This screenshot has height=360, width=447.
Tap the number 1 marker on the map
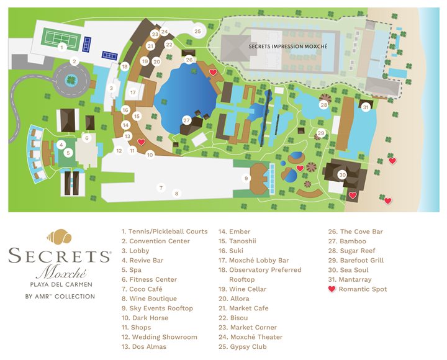[61, 47]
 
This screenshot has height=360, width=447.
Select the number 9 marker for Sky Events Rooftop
[246, 179]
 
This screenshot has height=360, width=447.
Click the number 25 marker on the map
[197, 31]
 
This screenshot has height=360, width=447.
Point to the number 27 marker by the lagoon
[186, 120]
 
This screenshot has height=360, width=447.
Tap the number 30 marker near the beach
[342, 175]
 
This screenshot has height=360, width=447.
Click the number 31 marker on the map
[366, 107]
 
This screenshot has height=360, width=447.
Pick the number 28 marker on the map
[324, 105]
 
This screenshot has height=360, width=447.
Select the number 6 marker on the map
[87, 138]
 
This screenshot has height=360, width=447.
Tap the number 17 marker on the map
[133, 92]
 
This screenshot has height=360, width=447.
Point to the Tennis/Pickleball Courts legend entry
[165, 232]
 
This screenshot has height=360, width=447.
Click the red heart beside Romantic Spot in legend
[332, 289]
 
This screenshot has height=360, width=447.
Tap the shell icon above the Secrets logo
[59, 237]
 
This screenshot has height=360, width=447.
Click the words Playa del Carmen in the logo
[60, 285]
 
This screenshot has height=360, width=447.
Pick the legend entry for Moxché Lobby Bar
[250, 261]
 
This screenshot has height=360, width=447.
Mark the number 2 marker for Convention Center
[74, 61]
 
